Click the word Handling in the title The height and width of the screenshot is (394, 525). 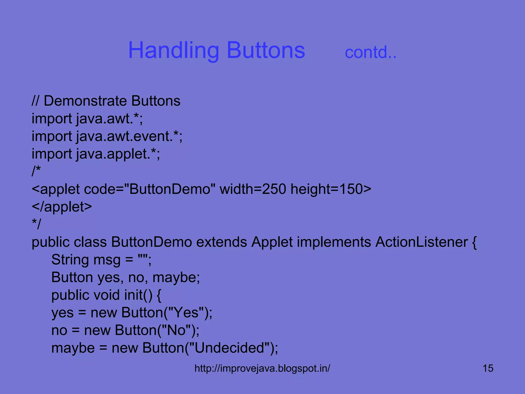[x=173, y=50]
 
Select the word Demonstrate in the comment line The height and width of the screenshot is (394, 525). [x=85, y=101]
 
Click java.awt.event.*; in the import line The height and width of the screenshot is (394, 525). [x=129, y=136]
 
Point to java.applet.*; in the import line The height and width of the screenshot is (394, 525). [x=118, y=154]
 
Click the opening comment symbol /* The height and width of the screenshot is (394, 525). [x=36, y=171]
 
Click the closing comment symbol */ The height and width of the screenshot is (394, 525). [x=36, y=224]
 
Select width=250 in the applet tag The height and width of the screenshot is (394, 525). [x=253, y=189]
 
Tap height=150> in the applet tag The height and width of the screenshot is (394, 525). [x=331, y=189]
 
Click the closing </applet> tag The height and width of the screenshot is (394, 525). [x=62, y=207]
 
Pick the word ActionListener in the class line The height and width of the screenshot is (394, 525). [x=422, y=242]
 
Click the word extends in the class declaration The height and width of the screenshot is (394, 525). [x=221, y=242]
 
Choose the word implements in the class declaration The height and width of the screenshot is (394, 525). [x=334, y=242]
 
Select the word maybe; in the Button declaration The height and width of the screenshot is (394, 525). [x=176, y=278]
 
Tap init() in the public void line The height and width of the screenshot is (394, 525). [x=138, y=295]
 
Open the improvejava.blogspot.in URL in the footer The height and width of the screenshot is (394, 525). [x=262, y=368]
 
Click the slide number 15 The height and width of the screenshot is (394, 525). [x=488, y=368]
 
